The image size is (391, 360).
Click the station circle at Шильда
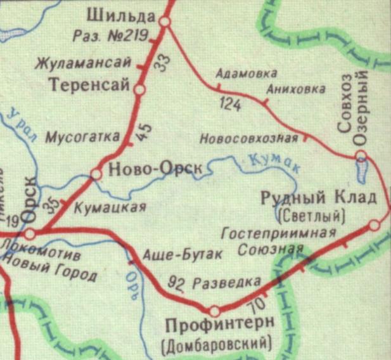165,22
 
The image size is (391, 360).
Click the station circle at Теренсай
139,90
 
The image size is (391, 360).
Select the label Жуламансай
83,63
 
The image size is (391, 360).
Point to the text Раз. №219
108,35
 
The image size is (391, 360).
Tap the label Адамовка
237,73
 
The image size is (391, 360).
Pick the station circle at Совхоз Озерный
360,155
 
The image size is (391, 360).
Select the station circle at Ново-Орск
96,173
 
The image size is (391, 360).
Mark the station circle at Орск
29,233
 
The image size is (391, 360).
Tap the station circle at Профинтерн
214,311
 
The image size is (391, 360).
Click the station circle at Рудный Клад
374,224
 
